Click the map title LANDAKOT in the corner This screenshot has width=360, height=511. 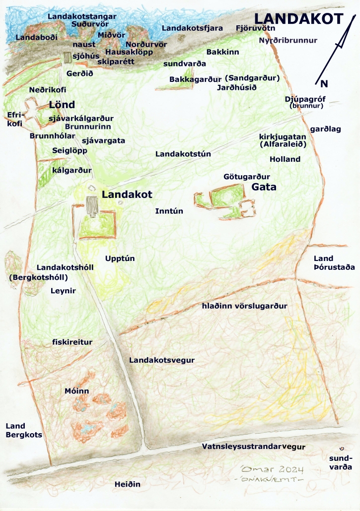click(299, 19)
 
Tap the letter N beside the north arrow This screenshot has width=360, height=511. click(324, 84)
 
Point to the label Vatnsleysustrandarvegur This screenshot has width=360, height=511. click(253, 447)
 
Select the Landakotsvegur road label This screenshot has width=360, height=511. click(161, 360)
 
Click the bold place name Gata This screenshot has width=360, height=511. click(264, 188)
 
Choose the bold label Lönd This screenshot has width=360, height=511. click(62, 105)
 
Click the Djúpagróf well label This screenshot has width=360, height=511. click(304, 99)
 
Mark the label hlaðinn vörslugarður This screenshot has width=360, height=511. click(245, 306)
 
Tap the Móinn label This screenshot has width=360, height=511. click(77, 391)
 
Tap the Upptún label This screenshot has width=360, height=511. click(120, 258)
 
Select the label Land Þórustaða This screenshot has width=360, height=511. click(334, 263)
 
